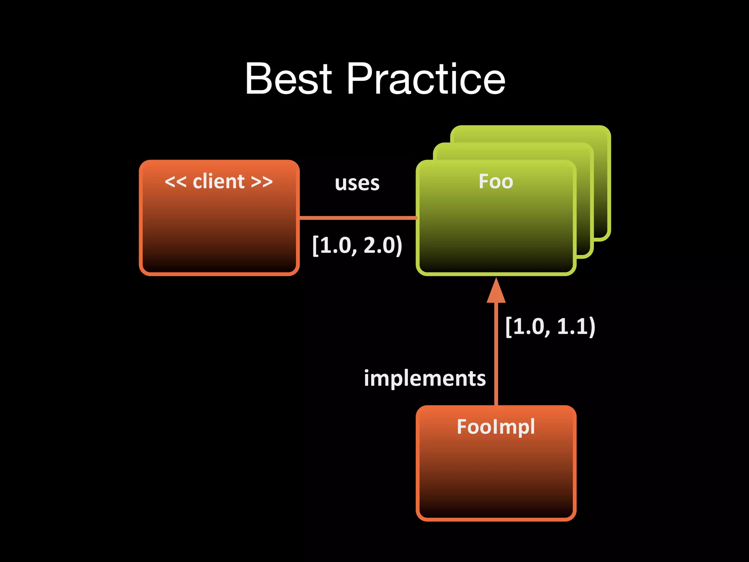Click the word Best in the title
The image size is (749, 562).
[289, 78]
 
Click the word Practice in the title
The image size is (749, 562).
[426, 78]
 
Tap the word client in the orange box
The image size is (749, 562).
[219, 181]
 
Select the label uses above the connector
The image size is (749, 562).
[357, 183]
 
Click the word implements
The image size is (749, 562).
[425, 378]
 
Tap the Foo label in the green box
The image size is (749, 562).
[496, 181]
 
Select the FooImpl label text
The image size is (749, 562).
[496, 427]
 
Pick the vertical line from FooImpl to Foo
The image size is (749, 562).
[496, 355]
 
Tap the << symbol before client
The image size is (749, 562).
[176, 182]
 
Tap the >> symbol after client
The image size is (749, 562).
[262, 182]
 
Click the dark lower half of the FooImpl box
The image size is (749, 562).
[496, 490]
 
